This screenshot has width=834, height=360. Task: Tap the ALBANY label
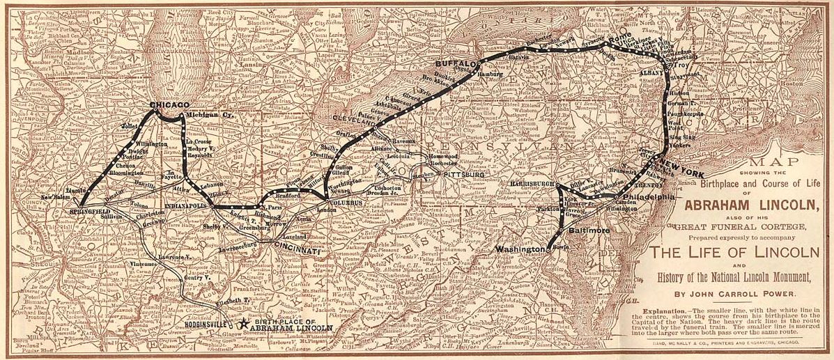click(x=652, y=72)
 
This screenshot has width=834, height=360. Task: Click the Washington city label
click(x=519, y=249)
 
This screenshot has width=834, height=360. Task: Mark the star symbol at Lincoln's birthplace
click(x=242, y=324)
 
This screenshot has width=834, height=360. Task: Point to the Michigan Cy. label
click(x=207, y=114)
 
